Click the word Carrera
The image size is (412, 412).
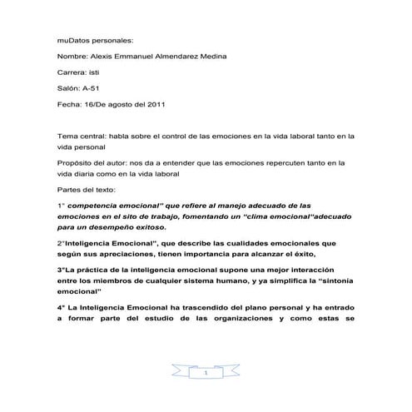click(72, 73)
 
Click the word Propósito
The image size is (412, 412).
click(76, 165)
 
